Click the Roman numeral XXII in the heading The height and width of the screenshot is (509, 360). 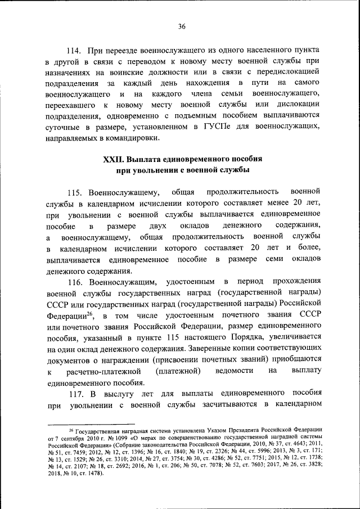coord(114,159)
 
